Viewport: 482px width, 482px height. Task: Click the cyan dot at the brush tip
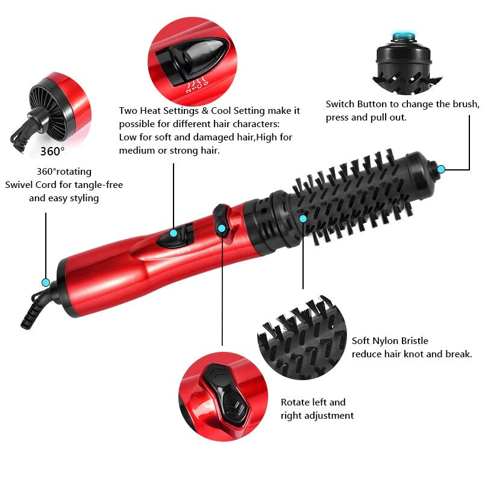point(441,169)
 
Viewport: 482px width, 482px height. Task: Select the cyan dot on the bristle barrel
point(303,218)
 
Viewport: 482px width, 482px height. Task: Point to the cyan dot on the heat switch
point(174,233)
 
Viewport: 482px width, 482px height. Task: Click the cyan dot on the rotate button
point(222,228)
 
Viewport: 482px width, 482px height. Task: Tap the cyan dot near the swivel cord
point(45,282)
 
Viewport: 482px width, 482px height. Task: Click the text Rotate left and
point(313,402)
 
